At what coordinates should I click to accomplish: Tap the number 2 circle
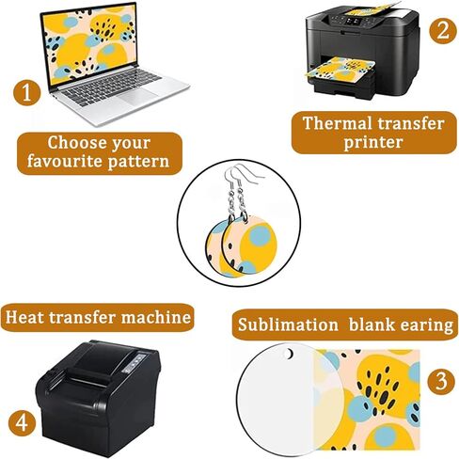pyautogui.click(x=440, y=29)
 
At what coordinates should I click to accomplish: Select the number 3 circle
pyautogui.click(x=439, y=382)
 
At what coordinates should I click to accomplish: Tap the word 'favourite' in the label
pyautogui.click(x=62, y=161)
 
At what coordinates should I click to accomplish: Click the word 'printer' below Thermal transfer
pyautogui.click(x=372, y=143)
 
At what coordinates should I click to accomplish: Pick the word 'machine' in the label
pyautogui.click(x=153, y=316)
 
